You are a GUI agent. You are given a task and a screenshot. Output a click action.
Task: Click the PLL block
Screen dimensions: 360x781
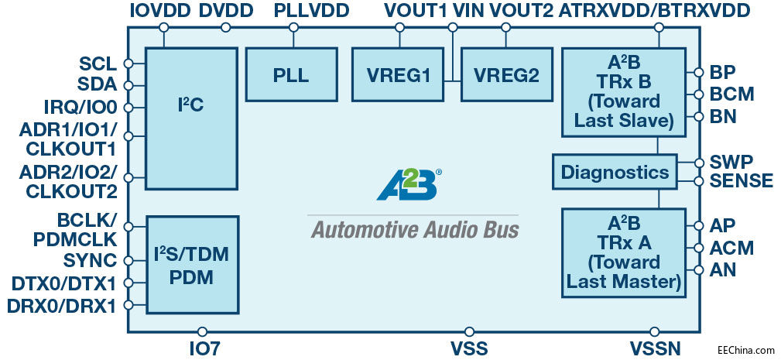click(x=291, y=74)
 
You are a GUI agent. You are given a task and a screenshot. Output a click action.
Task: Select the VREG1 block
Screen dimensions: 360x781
click(x=399, y=74)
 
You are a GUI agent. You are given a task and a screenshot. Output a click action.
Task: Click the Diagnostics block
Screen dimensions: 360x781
click(x=615, y=171)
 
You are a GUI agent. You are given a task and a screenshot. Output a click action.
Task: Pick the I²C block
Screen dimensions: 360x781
click(x=190, y=118)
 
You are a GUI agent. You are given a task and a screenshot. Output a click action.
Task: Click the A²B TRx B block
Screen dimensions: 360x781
click(x=624, y=91)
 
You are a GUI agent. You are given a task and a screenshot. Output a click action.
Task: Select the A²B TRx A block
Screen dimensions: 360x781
click(x=624, y=252)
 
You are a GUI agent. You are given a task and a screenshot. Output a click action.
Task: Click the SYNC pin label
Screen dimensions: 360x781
click(x=91, y=260)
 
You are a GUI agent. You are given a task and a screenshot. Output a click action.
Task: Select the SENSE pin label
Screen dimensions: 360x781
click(x=742, y=181)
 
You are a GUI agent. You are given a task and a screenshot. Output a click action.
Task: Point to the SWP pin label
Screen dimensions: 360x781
click(x=728, y=163)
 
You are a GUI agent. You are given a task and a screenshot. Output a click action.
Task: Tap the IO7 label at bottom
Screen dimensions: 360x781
click(x=204, y=348)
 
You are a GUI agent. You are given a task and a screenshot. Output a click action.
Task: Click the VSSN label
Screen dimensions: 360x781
click(x=656, y=348)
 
